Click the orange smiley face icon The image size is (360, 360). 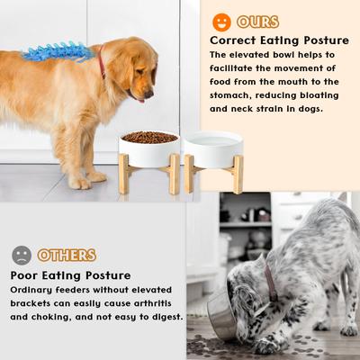click(x=222, y=22)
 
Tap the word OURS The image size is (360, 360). click(x=258, y=22)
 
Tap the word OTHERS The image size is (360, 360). click(x=67, y=255)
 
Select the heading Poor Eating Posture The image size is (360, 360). click(x=71, y=274)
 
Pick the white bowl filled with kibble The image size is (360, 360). click(x=148, y=142)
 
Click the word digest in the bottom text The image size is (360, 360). click(x=165, y=316)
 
